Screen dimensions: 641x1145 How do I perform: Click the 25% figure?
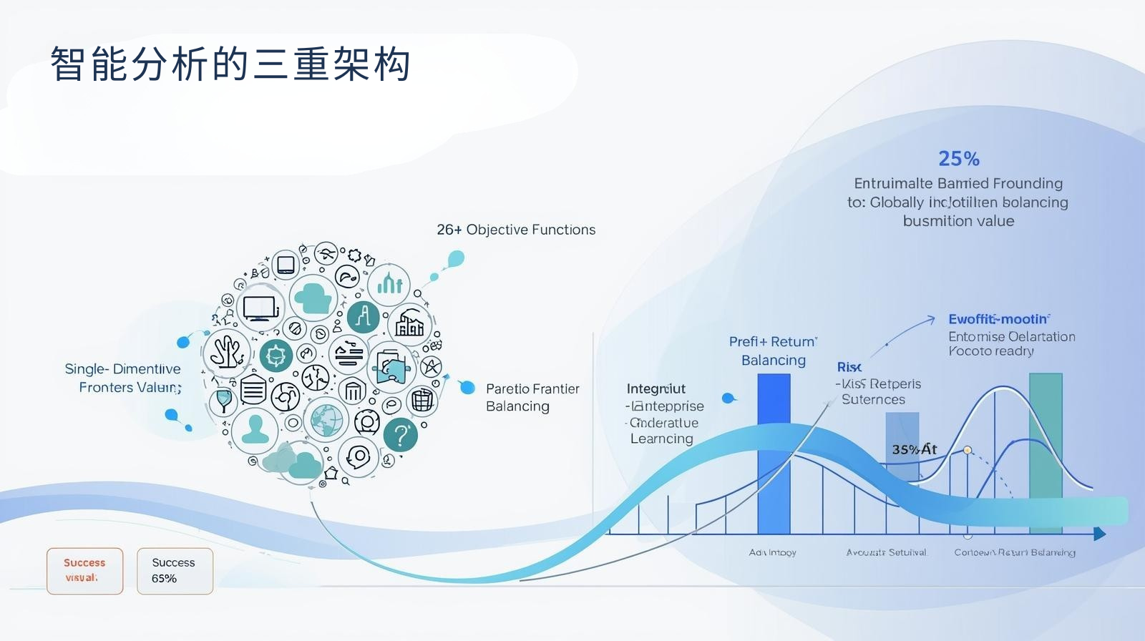[x=958, y=158]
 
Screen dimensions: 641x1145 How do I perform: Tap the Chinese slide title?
[x=230, y=64]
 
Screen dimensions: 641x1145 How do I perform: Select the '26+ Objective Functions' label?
[x=516, y=230]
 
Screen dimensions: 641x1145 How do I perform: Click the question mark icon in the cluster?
[x=401, y=435]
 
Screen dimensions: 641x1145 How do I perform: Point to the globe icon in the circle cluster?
[x=326, y=420]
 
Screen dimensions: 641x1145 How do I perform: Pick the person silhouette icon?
[x=255, y=429]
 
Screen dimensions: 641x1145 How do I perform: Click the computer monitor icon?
[x=259, y=309]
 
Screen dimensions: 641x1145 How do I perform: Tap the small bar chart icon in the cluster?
[x=389, y=284]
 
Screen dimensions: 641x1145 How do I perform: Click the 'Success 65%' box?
[x=174, y=571]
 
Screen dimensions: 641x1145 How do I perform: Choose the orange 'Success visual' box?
[x=84, y=571]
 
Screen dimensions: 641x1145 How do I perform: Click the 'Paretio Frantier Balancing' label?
[x=532, y=397]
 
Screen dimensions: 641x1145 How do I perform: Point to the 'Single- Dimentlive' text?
[x=123, y=369]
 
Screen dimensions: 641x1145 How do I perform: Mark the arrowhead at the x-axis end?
[x=1100, y=534]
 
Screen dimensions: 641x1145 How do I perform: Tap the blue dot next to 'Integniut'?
[x=728, y=398]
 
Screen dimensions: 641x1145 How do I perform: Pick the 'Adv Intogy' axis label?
[x=772, y=552]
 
